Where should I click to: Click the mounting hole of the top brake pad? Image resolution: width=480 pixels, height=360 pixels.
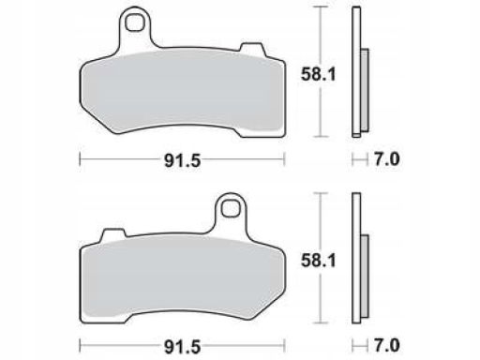point(135,22)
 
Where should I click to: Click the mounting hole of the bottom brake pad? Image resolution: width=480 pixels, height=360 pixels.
point(231,208)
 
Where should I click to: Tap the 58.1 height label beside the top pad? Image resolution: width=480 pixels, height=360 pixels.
point(318,75)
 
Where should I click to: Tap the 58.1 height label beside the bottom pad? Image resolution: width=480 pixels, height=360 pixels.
point(318,261)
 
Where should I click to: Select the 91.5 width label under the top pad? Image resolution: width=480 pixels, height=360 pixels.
point(182,161)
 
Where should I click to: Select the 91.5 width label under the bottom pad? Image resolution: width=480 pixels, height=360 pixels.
point(182,347)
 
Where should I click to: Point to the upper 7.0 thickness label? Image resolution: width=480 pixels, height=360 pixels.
point(387,159)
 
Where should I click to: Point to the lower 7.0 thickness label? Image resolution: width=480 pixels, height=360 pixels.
point(387,345)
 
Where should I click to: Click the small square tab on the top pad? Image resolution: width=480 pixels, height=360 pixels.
point(252,49)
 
